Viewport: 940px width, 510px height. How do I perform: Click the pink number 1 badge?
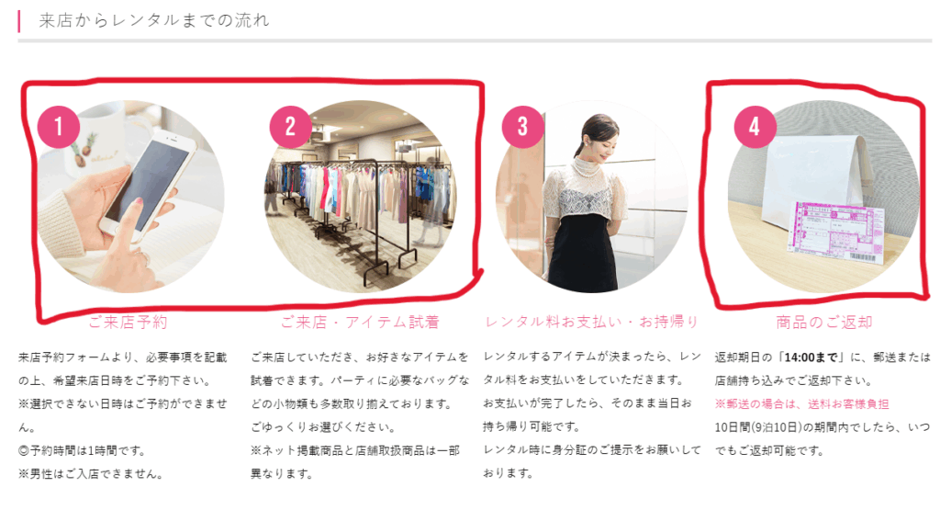pos(59,127)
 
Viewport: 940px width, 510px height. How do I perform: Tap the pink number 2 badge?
pos(291,127)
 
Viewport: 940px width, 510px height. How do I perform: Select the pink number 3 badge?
pos(522,127)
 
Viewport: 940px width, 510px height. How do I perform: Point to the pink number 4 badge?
pos(755,127)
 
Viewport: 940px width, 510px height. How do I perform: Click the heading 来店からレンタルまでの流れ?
pos(154,20)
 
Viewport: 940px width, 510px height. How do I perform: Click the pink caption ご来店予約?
pos(128,323)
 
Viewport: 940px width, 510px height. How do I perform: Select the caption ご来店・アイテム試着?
pos(360,323)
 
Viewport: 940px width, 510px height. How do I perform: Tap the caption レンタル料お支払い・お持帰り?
pos(592,323)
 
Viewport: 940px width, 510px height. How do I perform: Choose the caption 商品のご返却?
pos(823,323)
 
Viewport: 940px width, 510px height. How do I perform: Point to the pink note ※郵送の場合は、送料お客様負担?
pos(801,403)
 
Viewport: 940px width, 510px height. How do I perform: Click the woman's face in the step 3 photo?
pos(594,139)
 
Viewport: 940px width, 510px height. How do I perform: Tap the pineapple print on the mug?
pos(81,153)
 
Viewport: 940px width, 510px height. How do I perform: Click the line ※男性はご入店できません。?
pos(90,474)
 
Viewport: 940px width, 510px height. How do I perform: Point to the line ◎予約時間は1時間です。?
pos(82,450)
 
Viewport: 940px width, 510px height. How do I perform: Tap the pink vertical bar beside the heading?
pos(19,21)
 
